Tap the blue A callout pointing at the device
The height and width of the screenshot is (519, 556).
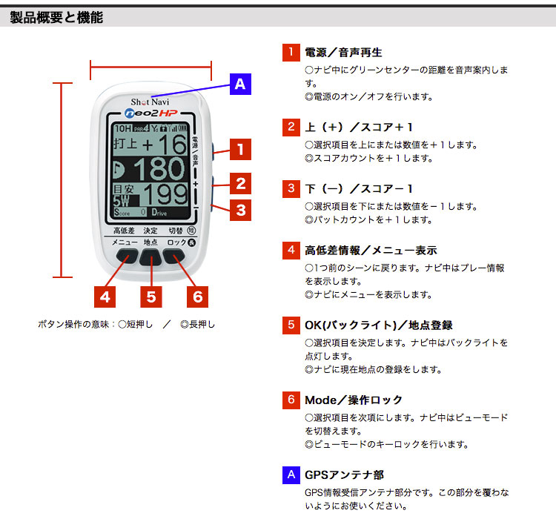coord(239,84)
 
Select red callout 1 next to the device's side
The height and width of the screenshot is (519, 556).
coord(239,149)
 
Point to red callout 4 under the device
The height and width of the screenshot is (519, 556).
coord(106,297)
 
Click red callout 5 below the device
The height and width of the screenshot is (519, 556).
coord(151,297)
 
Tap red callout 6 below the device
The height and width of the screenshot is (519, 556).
coord(197,297)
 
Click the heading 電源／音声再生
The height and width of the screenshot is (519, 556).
coord(344,53)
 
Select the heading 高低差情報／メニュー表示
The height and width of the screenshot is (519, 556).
coord(371,251)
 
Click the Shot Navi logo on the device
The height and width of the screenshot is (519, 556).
coord(150,101)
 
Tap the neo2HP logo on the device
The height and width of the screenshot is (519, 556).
coord(150,114)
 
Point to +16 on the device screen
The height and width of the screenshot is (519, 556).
coord(164,143)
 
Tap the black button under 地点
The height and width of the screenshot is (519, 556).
coord(150,257)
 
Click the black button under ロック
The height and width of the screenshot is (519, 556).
coord(176,257)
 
